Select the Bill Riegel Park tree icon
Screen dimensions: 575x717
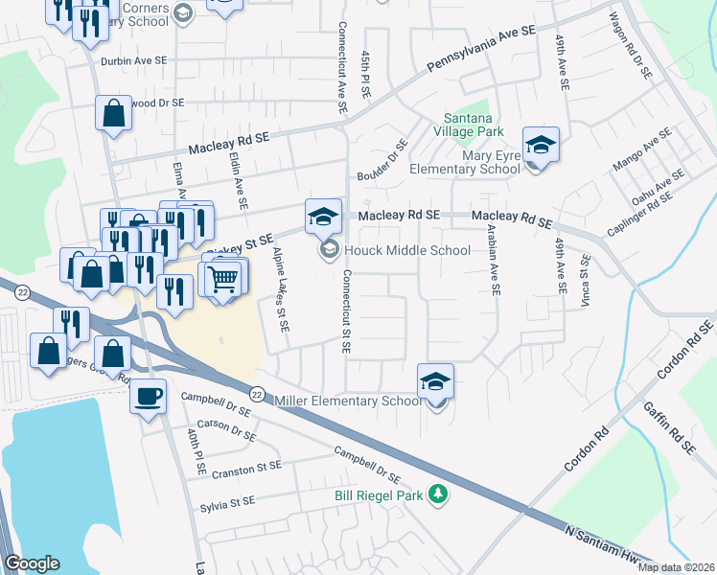click(438, 494)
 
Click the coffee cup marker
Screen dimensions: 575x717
click(149, 395)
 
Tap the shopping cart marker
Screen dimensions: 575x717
click(223, 279)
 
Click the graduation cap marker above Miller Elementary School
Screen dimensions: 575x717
click(435, 382)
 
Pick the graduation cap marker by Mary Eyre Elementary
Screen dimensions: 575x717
click(541, 146)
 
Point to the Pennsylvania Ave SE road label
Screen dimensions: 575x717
click(480, 45)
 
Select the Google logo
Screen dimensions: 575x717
click(32, 563)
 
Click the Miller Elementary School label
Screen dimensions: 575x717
click(348, 401)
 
